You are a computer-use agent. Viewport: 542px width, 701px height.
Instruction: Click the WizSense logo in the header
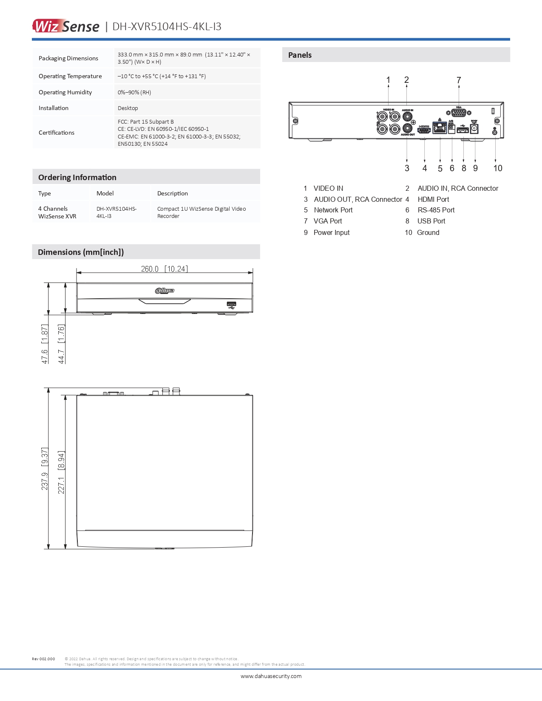(66, 26)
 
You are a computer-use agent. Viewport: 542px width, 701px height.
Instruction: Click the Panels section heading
(300, 55)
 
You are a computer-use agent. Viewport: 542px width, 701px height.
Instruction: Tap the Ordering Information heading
(77, 178)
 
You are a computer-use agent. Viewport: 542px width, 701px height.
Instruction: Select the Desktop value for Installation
(128, 108)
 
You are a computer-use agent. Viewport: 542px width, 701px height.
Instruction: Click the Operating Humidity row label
(65, 92)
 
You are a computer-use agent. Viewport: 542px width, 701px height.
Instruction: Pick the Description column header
(173, 193)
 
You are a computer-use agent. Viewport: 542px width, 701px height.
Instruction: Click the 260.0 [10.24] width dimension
(164, 269)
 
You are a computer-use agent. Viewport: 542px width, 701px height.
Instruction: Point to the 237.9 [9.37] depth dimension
(45, 469)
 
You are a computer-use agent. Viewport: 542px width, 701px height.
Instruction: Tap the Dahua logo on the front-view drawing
(165, 291)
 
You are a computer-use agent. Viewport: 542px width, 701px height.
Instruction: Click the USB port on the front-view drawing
(232, 304)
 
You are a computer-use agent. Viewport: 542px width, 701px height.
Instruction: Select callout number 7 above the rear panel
(459, 80)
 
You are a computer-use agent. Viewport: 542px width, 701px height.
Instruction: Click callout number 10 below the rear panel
(498, 168)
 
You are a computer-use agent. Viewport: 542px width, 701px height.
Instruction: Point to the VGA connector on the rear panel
(459, 113)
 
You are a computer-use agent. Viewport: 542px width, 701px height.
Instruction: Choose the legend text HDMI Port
(433, 199)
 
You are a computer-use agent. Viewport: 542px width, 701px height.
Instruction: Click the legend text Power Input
(332, 232)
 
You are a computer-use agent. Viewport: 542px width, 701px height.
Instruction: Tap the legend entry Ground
(428, 232)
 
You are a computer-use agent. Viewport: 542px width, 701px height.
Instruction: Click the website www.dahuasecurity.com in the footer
(271, 676)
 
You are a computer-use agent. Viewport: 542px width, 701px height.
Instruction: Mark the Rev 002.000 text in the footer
(43, 659)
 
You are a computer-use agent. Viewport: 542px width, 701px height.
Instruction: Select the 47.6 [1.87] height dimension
(45, 344)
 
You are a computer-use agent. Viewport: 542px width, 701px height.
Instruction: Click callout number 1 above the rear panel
(388, 80)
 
